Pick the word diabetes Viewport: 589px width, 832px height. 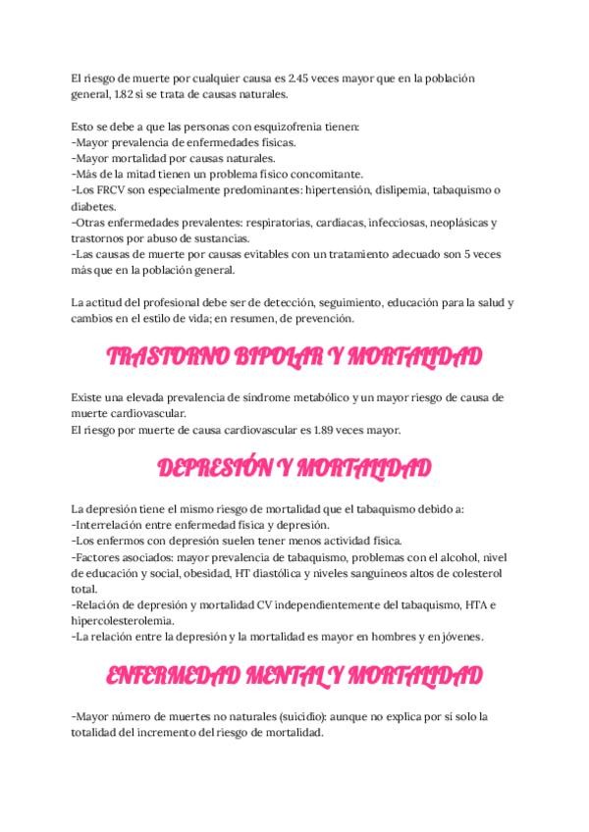[94, 206]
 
